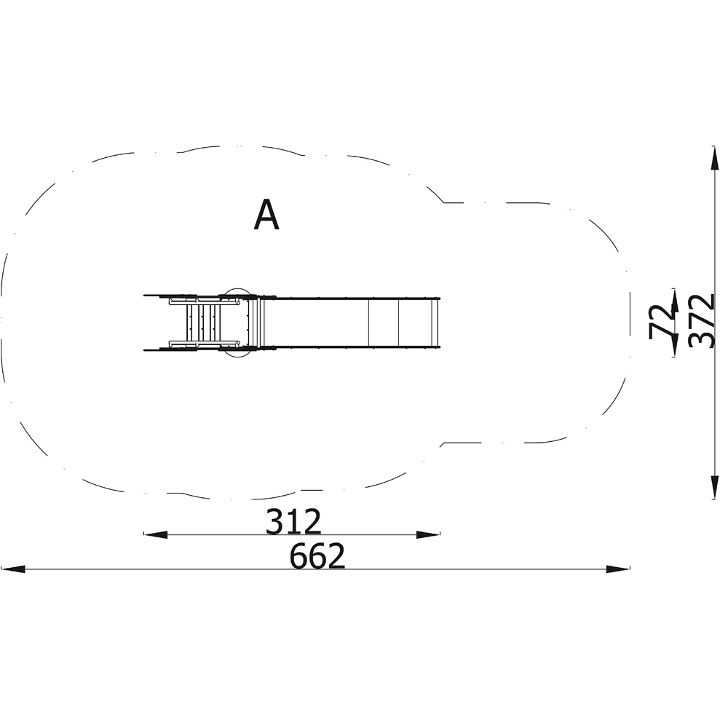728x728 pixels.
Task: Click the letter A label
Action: pyautogui.click(x=266, y=215)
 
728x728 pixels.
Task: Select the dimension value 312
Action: pyautogui.click(x=293, y=521)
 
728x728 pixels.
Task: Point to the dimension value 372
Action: pyautogui.click(x=700, y=320)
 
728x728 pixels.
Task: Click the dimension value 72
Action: pyautogui.click(x=661, y=320)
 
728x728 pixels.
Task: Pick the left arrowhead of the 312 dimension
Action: pyautogui.click(x=156, y=535)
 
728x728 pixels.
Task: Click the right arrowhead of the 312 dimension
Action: pyautogui.click(x=428, y=535)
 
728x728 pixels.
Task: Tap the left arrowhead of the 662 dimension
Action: pyautogui.click(x=13, y=569)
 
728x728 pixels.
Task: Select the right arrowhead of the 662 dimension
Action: pyautogui.click(x=618, y=569)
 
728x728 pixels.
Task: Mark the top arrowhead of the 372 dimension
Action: pyautogui.click(x=715, y=158)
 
